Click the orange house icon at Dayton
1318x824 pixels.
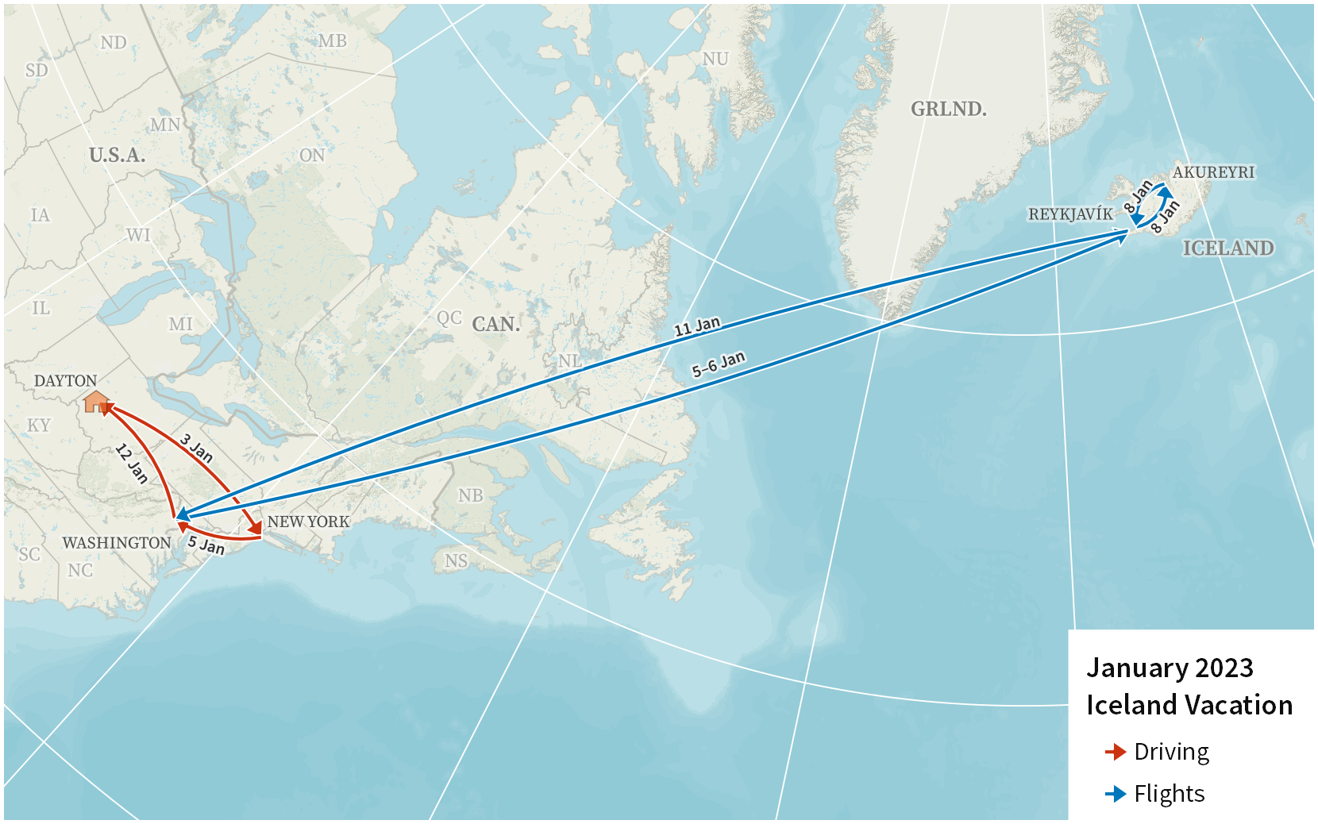click(x=96, y=402)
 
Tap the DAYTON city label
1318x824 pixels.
click(x=65, y=381)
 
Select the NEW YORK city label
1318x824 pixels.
click(x=308, y=522)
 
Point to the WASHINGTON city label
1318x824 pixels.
click(x=117, y=543)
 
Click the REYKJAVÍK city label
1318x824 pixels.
click(x=1070, y=214)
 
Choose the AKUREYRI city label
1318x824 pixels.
click(x=1213, y=172)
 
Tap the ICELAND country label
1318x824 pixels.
click(x=1227, y=248)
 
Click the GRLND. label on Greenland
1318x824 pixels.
click(x=948, y=109)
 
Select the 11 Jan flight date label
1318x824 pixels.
click(x=697, y=325)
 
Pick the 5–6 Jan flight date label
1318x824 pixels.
click(x=719, y=364)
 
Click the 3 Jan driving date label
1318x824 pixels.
click(x=196, y=448)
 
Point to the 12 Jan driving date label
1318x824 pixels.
click(x=132, y=464)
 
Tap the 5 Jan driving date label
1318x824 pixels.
click(x=206, y=545)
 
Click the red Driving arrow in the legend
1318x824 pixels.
click(x=1116, y=752)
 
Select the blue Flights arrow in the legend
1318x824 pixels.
click(x=1116, y=794)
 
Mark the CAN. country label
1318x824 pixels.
click(x=495, y=324)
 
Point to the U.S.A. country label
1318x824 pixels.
click(x=117, y=155)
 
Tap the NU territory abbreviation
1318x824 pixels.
click(x=715, y=59)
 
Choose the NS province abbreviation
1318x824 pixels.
click(x=456, y=561)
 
